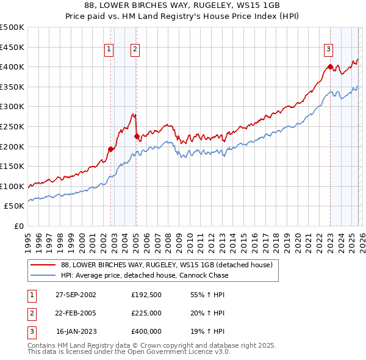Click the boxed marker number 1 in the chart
tap(109, 50)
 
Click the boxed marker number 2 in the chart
tap(134, 50)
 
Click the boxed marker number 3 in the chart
tap(328, 50)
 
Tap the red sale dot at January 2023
tap(330, 67)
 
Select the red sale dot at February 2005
tap(137, 137)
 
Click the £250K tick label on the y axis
tap(12, 126)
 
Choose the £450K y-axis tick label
tap(12, 47)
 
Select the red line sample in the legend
tap(43, 265)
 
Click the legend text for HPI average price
tap(145, 275)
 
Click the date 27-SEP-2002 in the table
tap(76, 295)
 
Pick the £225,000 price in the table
tap(146, 313)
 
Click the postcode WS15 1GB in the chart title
tap(262, 4)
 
